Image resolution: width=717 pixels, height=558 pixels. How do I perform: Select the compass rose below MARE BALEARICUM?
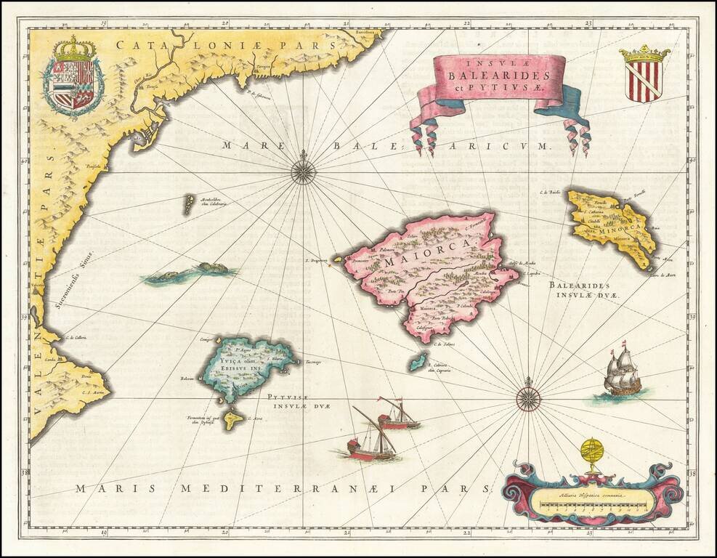pos(303,171)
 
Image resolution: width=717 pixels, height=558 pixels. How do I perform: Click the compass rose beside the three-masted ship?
pos(528,397)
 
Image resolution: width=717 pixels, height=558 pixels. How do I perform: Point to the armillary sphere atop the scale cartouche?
pos(593,455)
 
